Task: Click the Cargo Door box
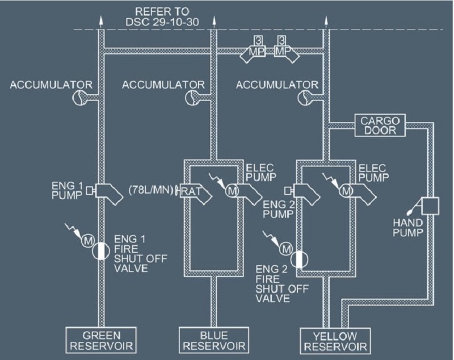pos(380,125)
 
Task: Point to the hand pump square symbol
pos(430,206)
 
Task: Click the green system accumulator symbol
pos(79,97)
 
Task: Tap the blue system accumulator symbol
pos(192,97)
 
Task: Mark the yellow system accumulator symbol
pos(305,97)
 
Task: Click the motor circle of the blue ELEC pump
pos(232,191)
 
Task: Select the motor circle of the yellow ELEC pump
pos(346,191)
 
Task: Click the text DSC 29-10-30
pos(162,22)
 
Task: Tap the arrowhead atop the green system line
pos(101,22)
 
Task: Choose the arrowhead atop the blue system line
pos(214,22)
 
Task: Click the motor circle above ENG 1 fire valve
pos(87,240)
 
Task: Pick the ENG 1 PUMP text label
pos(67,190)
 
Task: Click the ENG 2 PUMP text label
pos(278,210)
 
